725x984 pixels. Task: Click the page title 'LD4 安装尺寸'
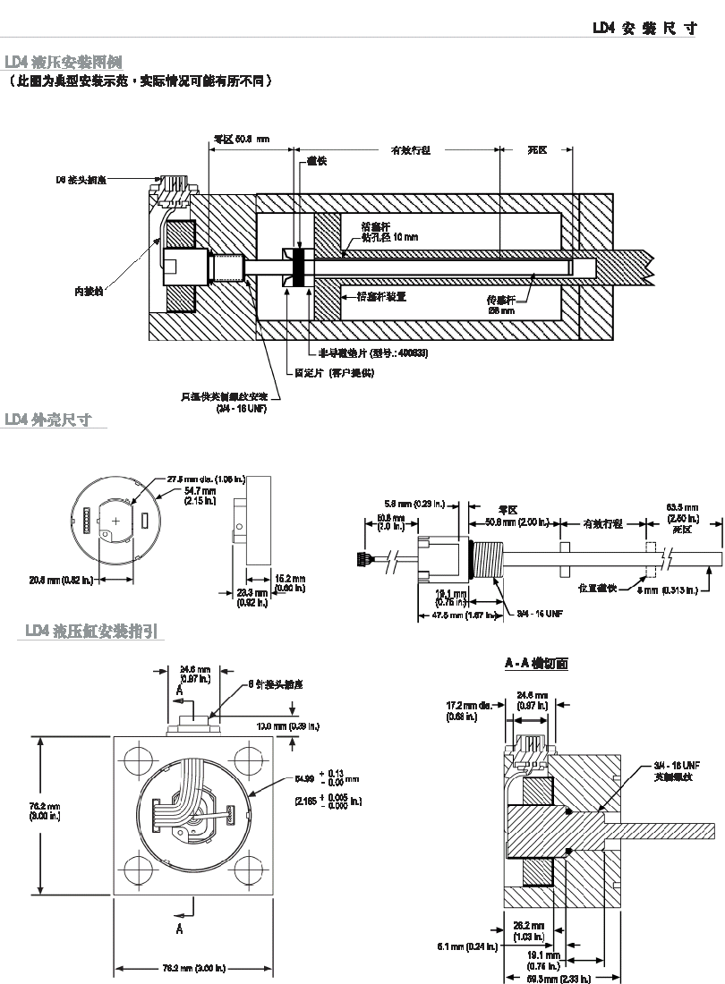tap(644, 28)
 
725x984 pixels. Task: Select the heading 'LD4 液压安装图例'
tap(64, 62)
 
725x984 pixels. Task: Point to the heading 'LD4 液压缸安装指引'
tap(93, 631)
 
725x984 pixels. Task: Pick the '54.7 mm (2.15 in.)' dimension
tap(200, 496)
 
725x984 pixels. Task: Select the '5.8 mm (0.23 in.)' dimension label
tap(406, 505)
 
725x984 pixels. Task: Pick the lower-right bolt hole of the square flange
tap(250, 870)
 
